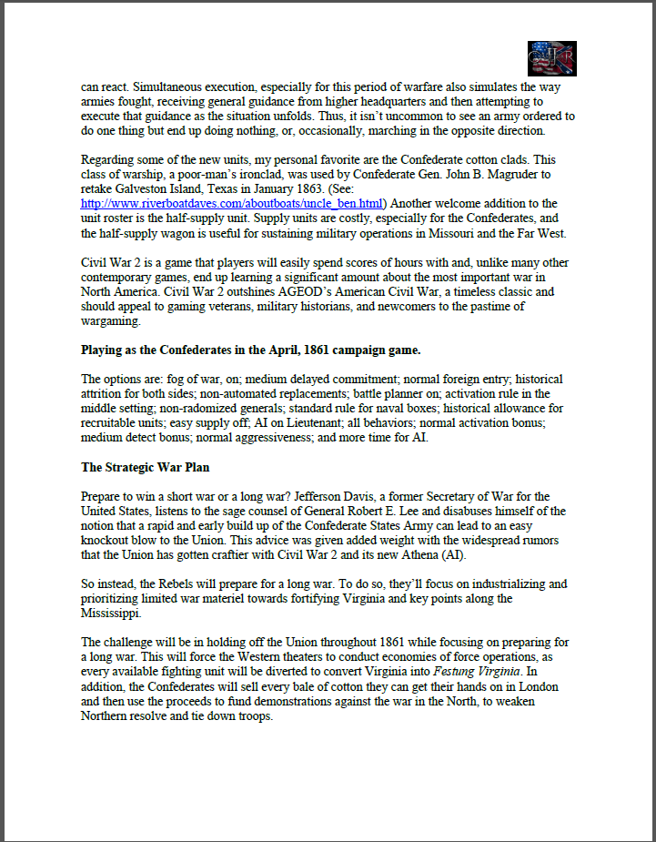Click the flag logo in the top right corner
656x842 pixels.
tap(551, 58)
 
